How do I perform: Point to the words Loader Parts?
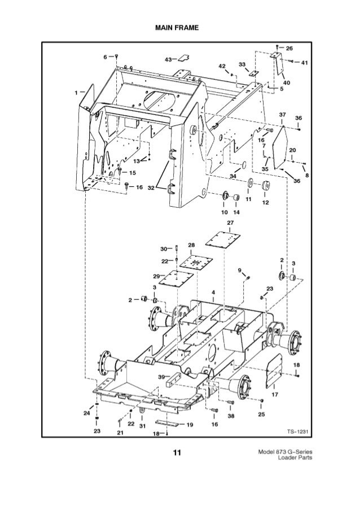coord(295,458)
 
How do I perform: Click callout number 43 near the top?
coord(168,59)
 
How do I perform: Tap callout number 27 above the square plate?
coord(230,223)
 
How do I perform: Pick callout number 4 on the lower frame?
coord(213,292)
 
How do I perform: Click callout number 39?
coord(161,377)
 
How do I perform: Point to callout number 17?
coord(275,394)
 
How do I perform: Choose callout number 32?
coord(152,188)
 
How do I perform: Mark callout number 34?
coord(232,176)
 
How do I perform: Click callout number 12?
coord(265,203)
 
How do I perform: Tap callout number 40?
coord(287,82)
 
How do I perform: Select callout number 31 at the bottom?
coord(143,425)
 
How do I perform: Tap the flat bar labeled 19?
coord(169,423)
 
